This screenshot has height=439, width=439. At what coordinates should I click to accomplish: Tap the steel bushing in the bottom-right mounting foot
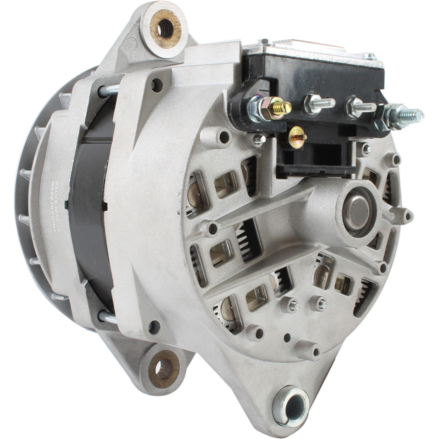[x=291, y=403]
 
